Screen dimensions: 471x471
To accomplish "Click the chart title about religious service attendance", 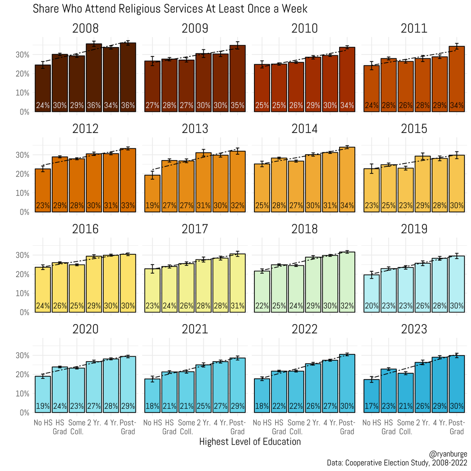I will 170,9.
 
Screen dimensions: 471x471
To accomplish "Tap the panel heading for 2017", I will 195,229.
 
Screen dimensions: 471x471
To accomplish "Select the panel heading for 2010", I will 305,29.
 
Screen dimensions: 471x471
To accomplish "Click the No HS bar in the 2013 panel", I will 152,192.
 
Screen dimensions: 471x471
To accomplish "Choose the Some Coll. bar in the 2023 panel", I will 405,392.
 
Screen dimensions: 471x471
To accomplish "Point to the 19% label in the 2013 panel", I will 152,206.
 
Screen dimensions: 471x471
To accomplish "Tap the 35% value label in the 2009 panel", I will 237,106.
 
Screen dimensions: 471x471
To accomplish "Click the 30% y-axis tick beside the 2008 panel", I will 22,55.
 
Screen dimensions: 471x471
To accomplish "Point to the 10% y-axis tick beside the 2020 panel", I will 22,394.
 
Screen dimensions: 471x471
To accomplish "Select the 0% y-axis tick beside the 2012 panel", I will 24,212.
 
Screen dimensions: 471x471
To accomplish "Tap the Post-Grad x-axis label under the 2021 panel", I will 237,427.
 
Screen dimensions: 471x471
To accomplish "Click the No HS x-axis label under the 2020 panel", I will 43,423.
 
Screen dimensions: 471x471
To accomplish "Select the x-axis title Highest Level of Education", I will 250,442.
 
